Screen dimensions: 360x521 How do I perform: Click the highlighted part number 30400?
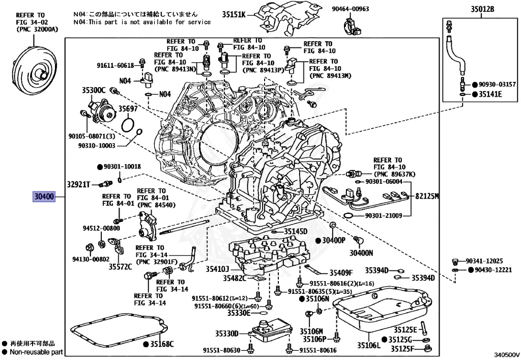pos(44,196)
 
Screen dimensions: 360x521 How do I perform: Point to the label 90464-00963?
pos(365,9)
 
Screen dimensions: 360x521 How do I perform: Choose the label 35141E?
pos(489,94)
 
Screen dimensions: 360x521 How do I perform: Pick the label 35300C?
pos(94,90)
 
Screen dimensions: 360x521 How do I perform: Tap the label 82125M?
pos(426,196)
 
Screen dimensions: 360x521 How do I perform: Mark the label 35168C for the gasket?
pos(162,344)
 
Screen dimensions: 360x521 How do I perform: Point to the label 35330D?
pos(226,334)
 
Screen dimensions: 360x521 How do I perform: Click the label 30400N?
pos(361,253)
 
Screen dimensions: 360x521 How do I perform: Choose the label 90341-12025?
pos(484,260)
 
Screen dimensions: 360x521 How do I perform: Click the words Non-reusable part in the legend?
pos(35,352)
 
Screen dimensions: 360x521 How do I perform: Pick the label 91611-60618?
pos(115,65)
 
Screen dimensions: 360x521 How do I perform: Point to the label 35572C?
pos(120,266)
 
